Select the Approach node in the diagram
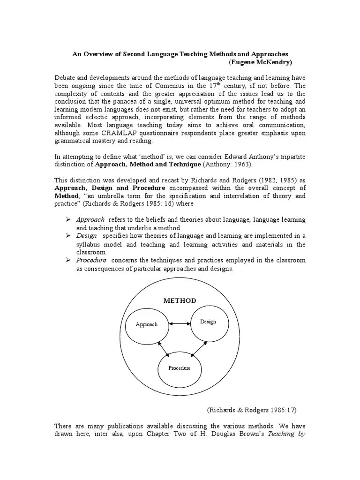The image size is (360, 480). [x=147, y=324]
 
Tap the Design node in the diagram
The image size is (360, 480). [x=208, y=322]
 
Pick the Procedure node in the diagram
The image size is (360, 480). [x=180, y=368]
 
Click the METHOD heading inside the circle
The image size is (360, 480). [x=180, y=300]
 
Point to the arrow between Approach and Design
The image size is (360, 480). [x=179, y=323]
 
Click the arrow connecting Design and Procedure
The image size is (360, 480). [x=198, y=349]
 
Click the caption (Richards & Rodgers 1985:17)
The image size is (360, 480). [x=252, y=409]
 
